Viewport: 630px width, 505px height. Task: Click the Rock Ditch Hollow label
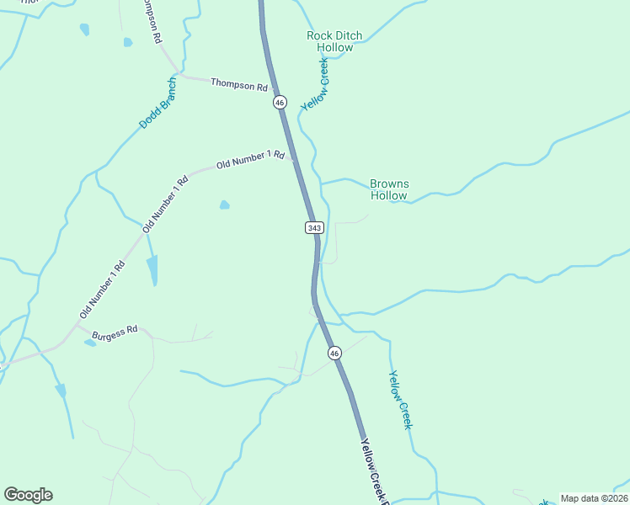[x=334, y=41]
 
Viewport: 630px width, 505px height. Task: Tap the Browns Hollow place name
[x=388, y=189]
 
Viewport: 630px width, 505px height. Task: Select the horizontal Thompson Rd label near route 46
[x=238, y=84]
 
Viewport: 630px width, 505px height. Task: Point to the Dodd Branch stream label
[x=158, y=103]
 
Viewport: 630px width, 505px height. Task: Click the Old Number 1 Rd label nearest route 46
[x=250, y=160]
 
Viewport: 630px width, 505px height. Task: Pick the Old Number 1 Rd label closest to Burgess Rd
[x=102, y=289]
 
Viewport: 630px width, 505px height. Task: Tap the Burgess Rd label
[x=115, y=332]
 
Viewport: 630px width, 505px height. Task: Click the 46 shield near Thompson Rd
[x=280, y=102]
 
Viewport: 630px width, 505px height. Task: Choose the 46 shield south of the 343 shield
[x=334, y=353]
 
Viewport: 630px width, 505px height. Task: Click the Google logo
[x=28, y=495]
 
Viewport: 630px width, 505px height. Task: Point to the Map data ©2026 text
[x=594, y=498]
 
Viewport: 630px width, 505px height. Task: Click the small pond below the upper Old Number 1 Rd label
[x=224, y=205]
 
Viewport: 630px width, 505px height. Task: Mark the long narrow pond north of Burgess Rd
[x=152, y=270]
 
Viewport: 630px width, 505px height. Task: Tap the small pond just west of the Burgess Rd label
[x=90, y=343]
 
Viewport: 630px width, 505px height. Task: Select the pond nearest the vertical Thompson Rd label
[x=127, y=42]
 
